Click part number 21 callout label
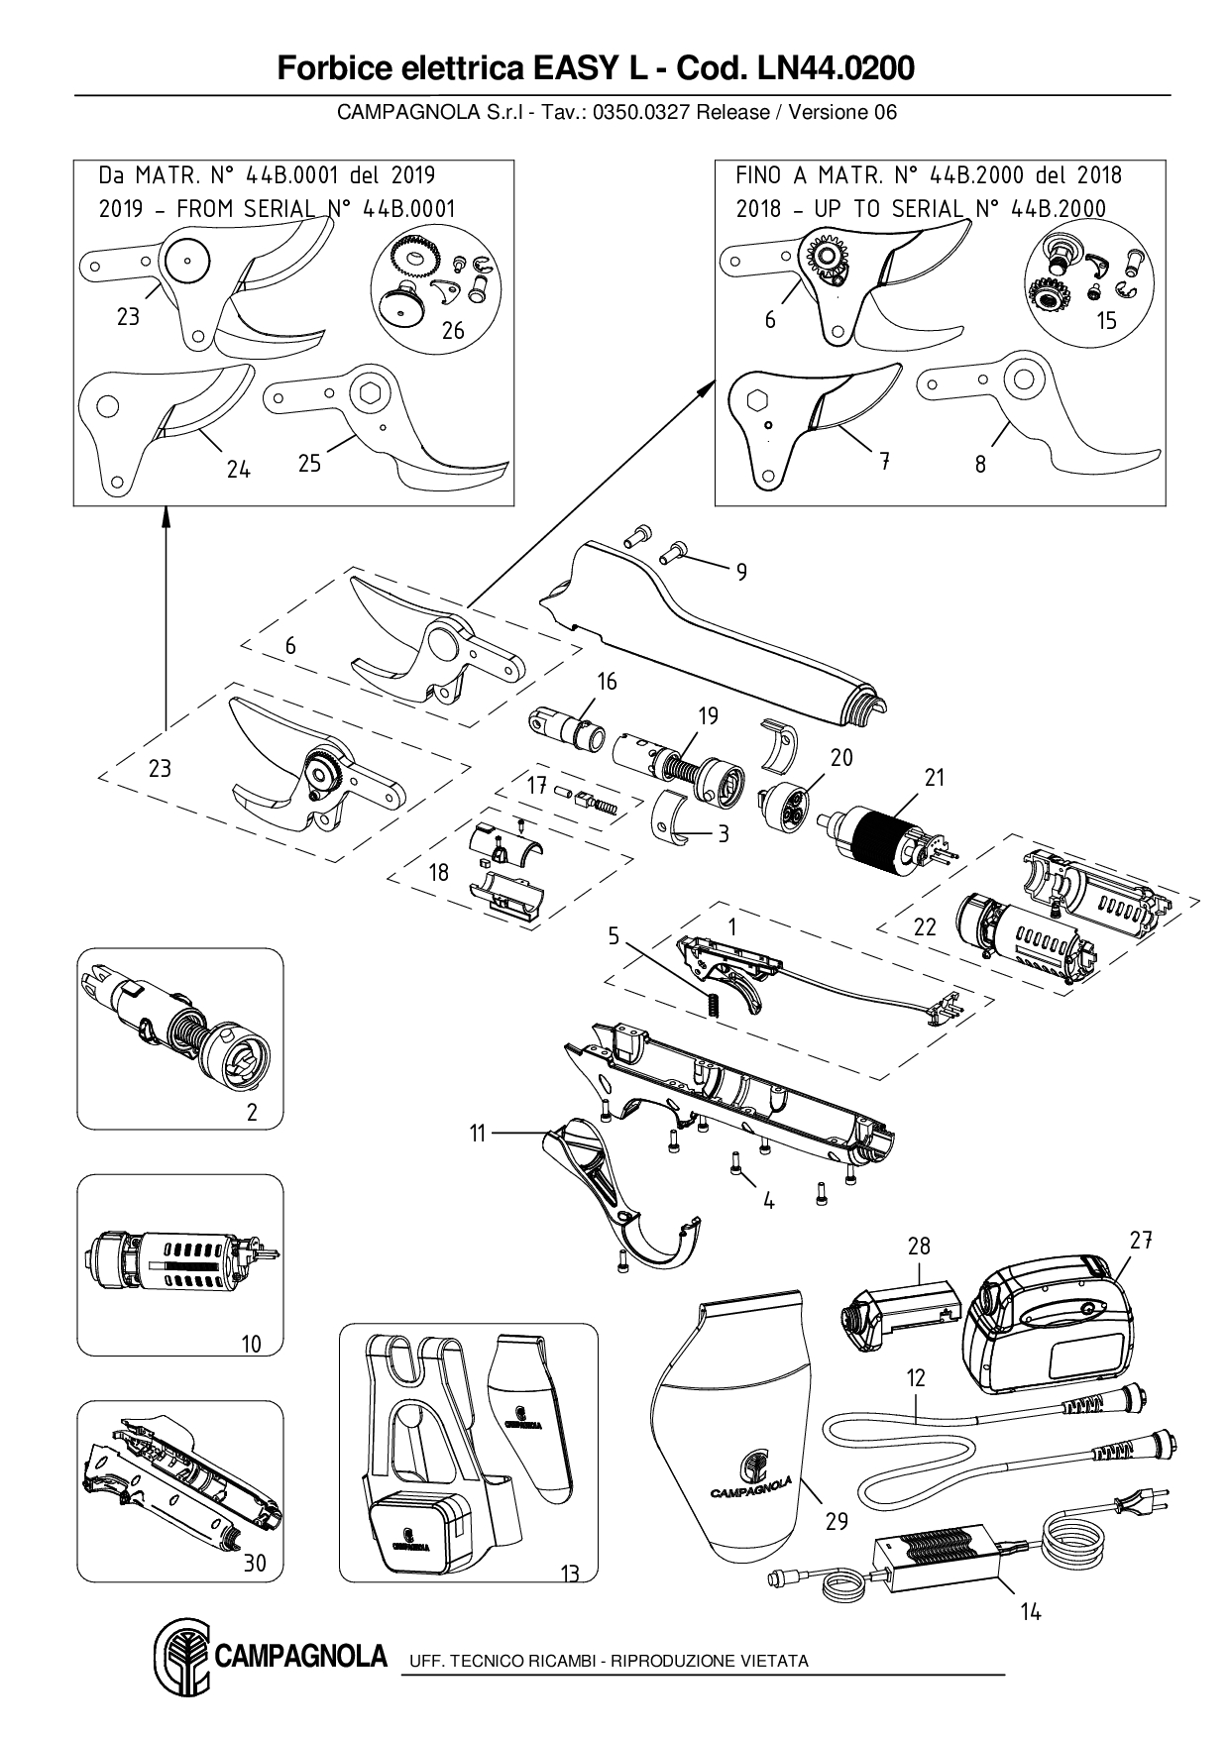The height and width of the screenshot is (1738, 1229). click(935, 778)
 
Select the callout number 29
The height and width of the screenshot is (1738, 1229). click(837, 1521)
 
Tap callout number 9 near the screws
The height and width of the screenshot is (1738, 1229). click(741, 572)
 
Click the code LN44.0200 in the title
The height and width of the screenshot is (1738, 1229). click(836, 68)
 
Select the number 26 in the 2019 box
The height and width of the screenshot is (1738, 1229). click(452, 330)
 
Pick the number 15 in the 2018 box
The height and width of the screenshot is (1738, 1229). click(1106, 320)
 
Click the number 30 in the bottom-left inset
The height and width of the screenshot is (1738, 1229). click(255, 1563)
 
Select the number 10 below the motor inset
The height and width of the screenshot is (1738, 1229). click(251, 1344)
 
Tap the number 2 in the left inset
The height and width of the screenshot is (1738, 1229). click(252, 1113)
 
